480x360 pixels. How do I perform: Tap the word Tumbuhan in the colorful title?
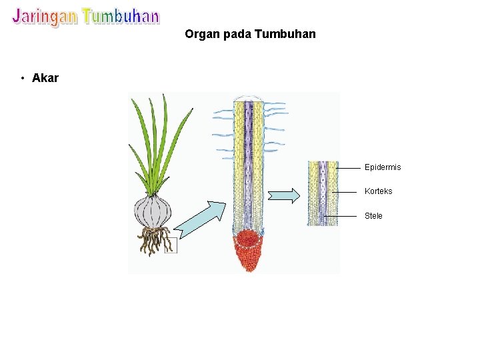(x=121, y=16)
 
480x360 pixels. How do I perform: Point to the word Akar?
(x=45, y=78)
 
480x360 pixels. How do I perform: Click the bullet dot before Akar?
(x=23, y=79)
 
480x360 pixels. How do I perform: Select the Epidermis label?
(x=383, y=167)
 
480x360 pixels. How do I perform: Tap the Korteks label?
(x=378, y=191)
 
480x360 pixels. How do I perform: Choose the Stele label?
(x=373, y=216)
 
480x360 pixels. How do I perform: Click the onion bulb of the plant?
(x=153, y=212)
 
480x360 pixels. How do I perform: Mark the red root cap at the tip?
(x=247, y=251)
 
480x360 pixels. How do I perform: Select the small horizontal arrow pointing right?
(x=284, y=195)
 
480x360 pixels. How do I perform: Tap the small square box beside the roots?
(x=171, y=245)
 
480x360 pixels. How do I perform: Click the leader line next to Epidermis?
(x=349, y=168)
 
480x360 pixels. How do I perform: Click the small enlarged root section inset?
(x=323, y=193)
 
